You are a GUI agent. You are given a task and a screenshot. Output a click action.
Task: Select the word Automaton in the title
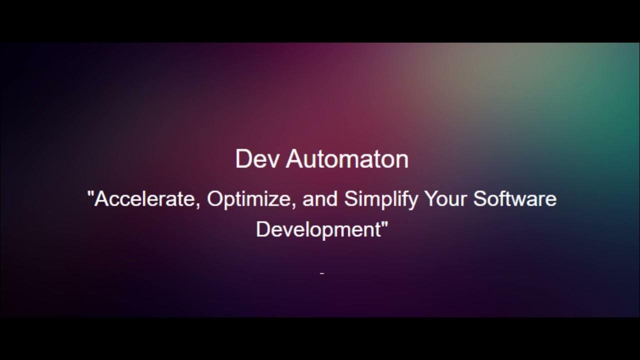click(347, 159)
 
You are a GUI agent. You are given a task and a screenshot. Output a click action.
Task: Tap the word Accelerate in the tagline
click(147, 199)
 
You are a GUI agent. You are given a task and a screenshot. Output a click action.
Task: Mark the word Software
click(515, 199)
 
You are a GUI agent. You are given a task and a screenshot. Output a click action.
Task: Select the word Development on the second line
click(318, 229)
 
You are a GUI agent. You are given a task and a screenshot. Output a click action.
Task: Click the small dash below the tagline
click(322, 273)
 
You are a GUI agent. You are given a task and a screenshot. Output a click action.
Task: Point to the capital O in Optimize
click(214, 199)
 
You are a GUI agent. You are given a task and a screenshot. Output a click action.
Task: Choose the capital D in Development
click(262, 229)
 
